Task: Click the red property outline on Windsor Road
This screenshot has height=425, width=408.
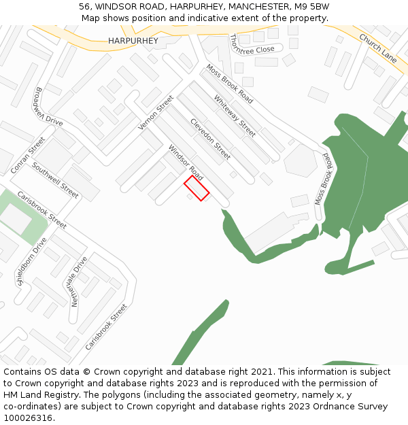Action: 197,188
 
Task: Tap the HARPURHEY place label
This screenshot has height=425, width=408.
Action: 133,41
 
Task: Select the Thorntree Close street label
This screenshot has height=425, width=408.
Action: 252,45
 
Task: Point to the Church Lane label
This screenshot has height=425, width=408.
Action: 377,48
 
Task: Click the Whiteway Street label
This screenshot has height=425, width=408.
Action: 235,116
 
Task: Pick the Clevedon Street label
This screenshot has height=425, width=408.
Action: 210,139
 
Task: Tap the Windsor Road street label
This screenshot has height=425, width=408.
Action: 186,163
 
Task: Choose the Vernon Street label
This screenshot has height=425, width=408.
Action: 156,113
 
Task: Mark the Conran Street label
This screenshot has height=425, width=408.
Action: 28,155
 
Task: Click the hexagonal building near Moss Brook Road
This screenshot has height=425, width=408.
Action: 301,160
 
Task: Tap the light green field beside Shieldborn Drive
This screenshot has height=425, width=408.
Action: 20,216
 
